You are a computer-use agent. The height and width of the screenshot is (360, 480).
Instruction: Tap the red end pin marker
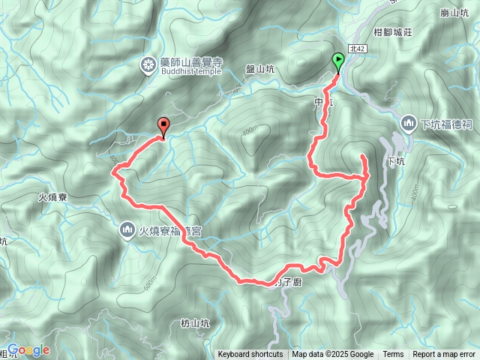(x=163, y=127)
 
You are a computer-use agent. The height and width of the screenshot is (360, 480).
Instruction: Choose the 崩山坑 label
(x=456, y=13)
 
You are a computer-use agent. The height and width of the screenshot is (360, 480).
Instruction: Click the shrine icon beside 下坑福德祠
(x=409, y=121)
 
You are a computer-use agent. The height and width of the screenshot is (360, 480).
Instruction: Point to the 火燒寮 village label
(x=53, y=198)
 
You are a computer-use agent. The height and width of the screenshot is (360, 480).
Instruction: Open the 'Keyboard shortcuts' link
(x=250, y=355)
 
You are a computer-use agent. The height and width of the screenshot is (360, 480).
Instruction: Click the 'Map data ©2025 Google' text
(x=333, y=355)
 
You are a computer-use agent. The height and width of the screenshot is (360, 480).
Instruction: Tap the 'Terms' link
(x=393, y=355)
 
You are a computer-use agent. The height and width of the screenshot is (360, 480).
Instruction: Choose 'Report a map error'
(x=445, y=355)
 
